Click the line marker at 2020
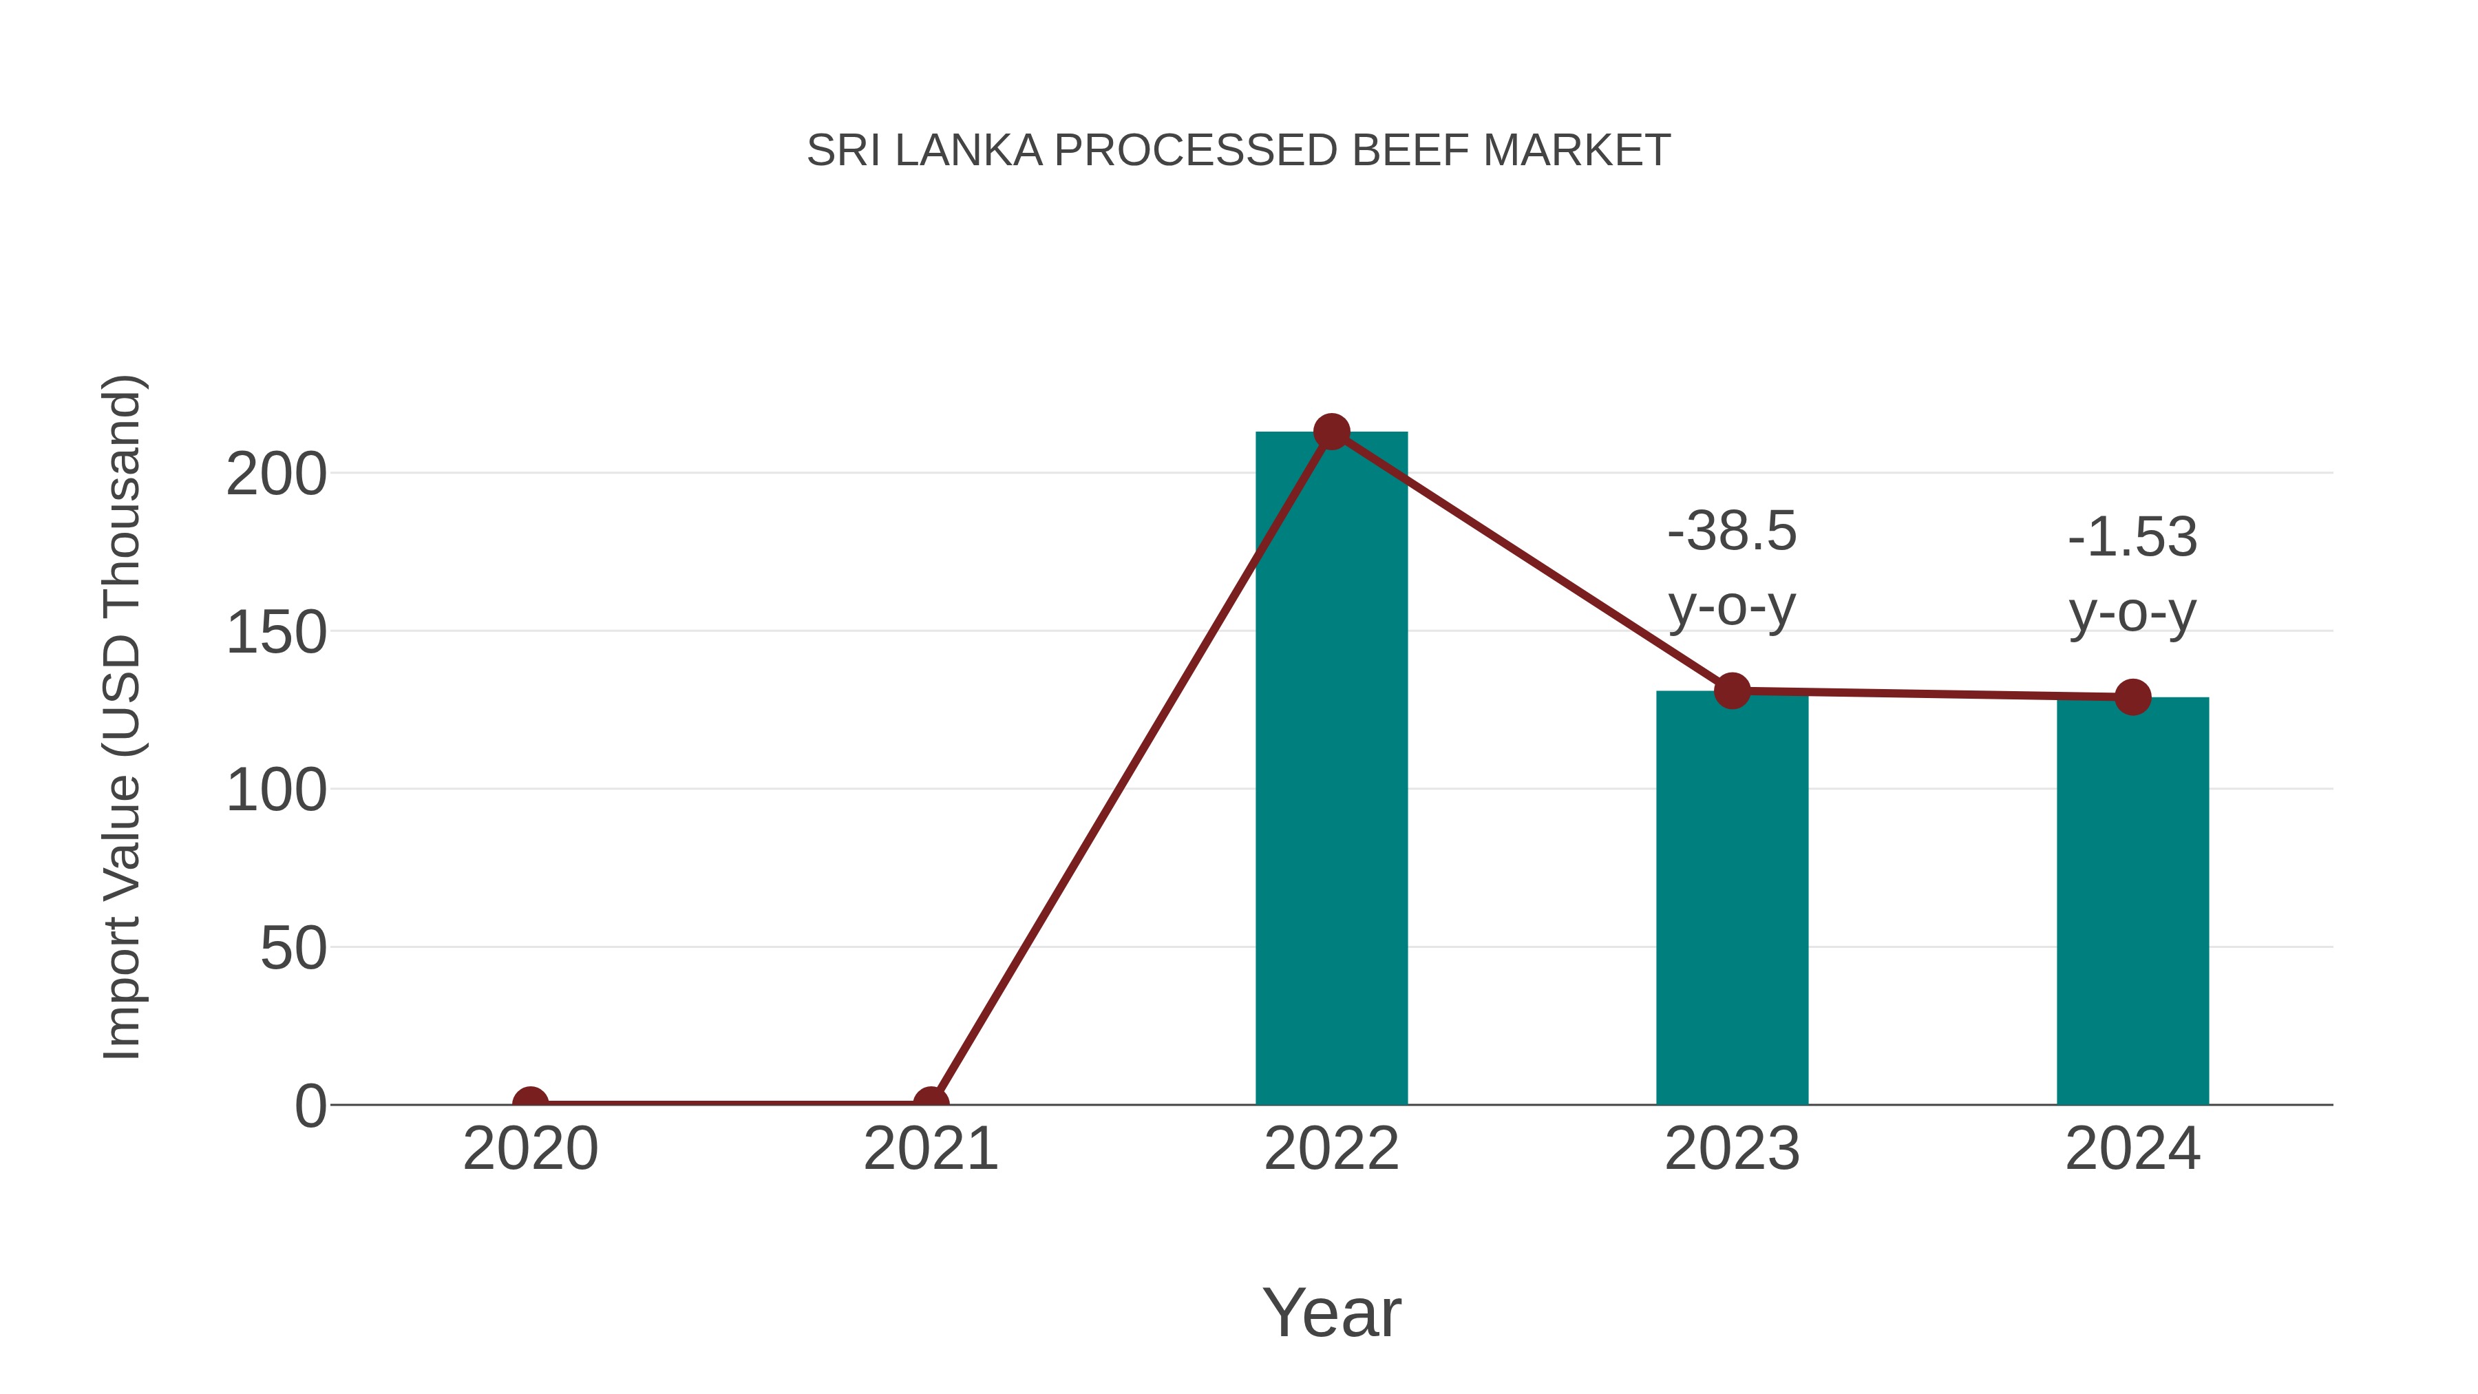tap(530, 1103)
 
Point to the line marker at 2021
tap(930, 1103)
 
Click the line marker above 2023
tap(1732, 690)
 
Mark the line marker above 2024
tap(2132, 697)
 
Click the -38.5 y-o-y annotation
tap(1732, 569)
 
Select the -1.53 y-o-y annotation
tap(2132, 575)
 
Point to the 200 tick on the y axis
tap(276, 475)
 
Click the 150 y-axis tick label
tap(276, 634)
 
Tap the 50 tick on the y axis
tap(293, 949)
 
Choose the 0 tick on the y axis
tap(310, 1106)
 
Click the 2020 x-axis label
tap(530, 1149)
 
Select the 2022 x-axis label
tap(1331, 1149)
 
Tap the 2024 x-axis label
tap(2132, 1149)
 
